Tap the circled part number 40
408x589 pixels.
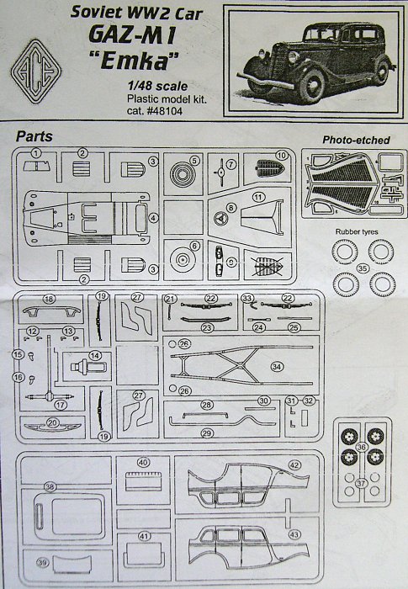(143, 462)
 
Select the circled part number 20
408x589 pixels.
(53, 422)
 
